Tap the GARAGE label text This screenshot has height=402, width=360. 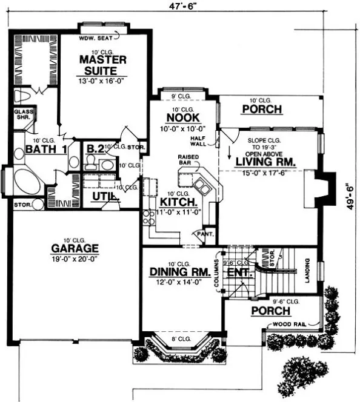pos(75,248)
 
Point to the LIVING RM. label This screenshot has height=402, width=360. pos(265,162)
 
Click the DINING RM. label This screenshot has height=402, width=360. pos(180,272)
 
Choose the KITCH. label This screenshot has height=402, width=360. pos(178,202)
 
